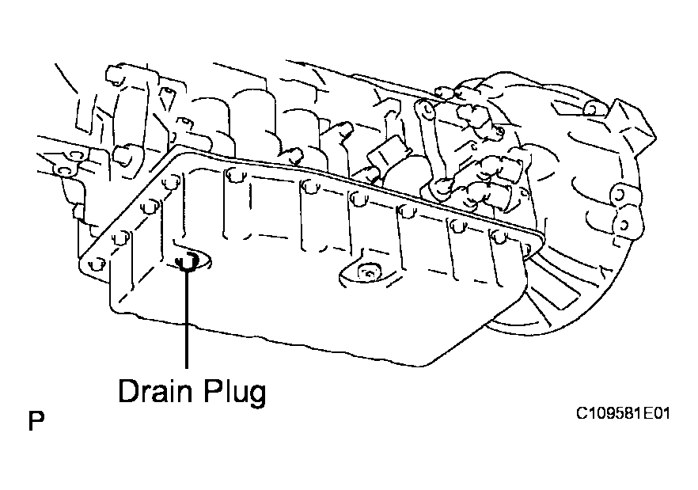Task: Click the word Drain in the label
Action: (x=155, y=391)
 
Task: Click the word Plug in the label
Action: (x=235, y=392)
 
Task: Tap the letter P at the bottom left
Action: (x=36, y=421)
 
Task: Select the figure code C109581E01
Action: (x=623, y=413)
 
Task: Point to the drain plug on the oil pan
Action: (x=188, y=260)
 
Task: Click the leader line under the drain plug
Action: (x=187, y=318)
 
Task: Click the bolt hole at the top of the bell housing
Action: (x=592, y=108)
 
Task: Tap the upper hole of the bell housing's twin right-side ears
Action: (x=620, y=195)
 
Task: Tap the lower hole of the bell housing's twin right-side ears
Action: (x=624, y=225)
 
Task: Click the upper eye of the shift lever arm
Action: (x=422, y=107)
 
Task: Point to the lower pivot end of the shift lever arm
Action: (x=441, y=188)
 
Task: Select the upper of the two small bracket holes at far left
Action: (x=76, y=155)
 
